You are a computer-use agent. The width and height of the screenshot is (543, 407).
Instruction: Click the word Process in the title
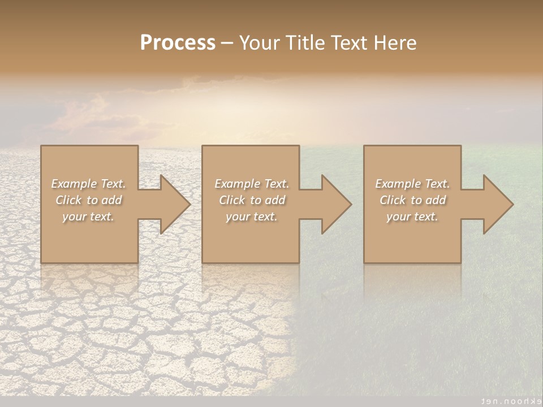(x=178, y=43)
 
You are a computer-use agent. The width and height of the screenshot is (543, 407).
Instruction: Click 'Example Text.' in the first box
(x=88, y=184)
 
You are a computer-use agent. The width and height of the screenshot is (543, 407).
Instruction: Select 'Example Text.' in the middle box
(x=252, y=184)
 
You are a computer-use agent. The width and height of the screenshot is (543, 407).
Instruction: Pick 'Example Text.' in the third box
(x=412, y=184)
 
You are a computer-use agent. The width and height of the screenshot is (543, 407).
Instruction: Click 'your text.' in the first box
(x=88, y=217)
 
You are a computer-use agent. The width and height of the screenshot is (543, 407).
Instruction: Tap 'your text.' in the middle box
(x=252, y=217)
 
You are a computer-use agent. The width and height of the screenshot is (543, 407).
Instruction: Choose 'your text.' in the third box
(x=412, y=217)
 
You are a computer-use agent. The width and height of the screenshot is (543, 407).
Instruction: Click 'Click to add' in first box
(x=88, y=200)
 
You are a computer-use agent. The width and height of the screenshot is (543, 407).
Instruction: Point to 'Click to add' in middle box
(x=252, y=200)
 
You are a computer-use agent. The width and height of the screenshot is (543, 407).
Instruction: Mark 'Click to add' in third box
(x=412, y=200)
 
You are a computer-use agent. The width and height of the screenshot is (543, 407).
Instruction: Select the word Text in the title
(x=349, y=43)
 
